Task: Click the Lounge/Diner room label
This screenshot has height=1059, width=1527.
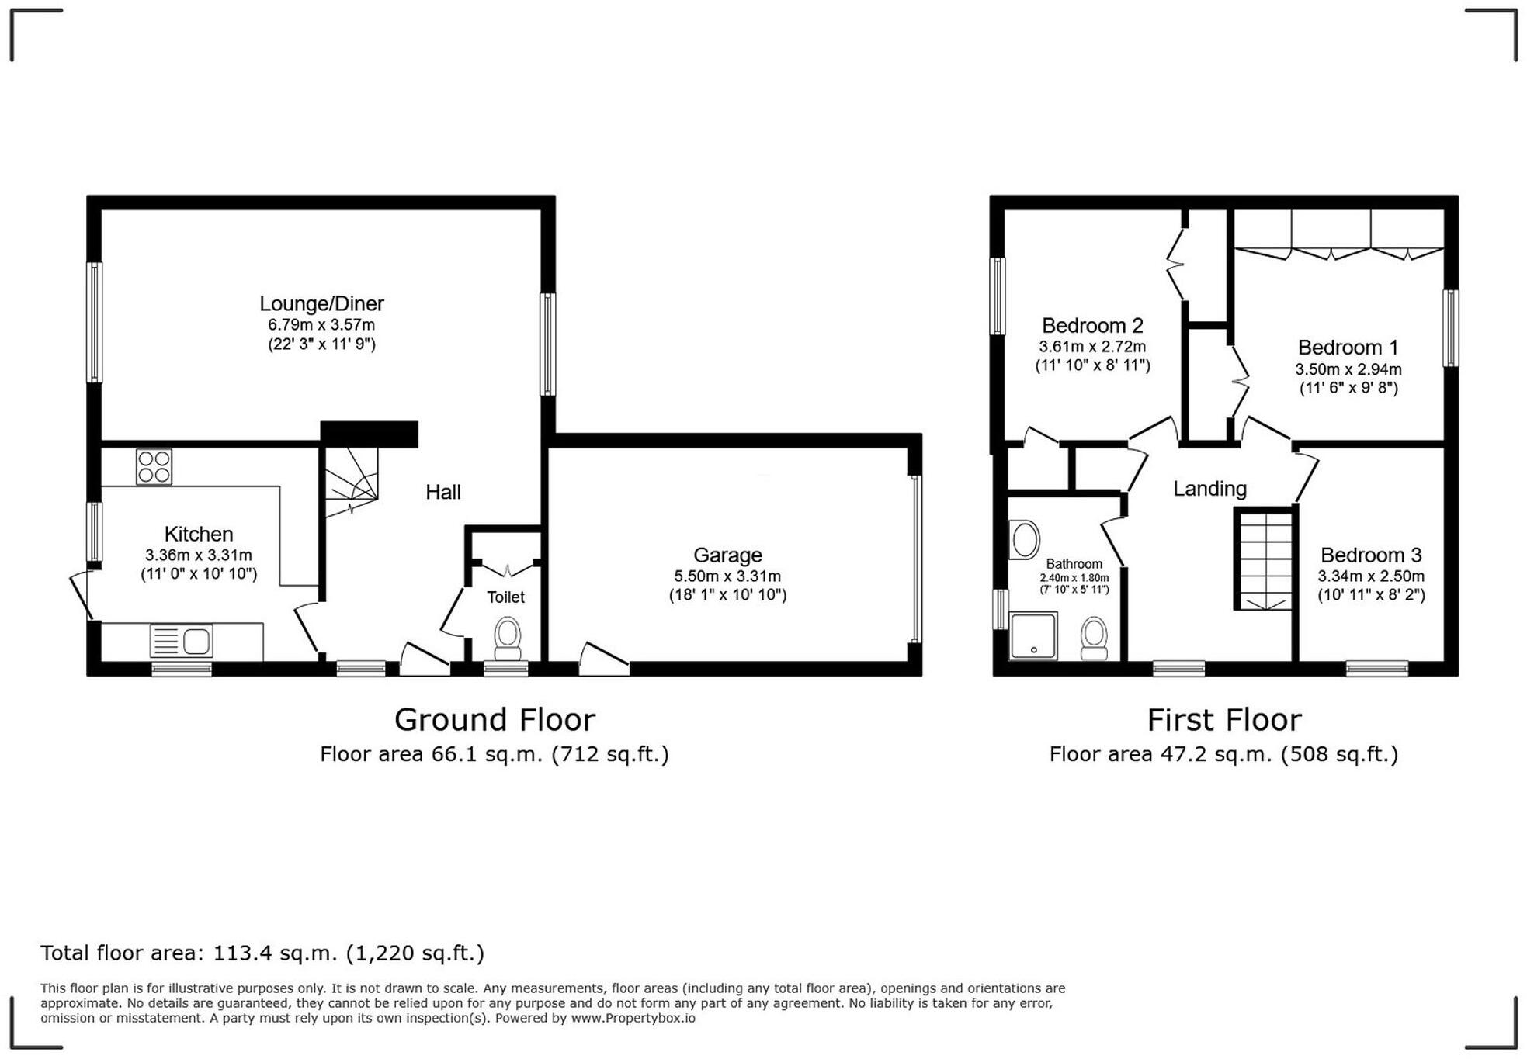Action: tap(321, 303)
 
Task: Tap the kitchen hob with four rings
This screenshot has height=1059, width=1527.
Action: tap(154, 466)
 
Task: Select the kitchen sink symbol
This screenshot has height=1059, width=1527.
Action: tap(182, 642)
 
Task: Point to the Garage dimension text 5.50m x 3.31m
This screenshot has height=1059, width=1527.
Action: tap(727, 576)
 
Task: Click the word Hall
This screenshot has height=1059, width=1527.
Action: tap(442, 492)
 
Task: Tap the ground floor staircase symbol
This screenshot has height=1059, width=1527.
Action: tap(351, 482)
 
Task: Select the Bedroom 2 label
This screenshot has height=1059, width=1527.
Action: tap(1092, 325)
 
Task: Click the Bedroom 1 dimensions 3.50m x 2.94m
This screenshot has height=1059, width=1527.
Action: tap(1348, 369)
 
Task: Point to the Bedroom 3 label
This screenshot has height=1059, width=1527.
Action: tap(1371, 555)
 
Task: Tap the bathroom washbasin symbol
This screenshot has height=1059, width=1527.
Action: tap(1025, 540)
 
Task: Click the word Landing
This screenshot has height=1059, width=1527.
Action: tap(1209, 489)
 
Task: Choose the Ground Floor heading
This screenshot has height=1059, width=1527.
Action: tap(495, 720)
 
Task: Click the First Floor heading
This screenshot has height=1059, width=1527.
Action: tap(1223, 720)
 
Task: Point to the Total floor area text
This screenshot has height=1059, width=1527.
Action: tap(262, 953)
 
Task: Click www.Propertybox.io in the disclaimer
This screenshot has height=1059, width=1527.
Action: tap(633, 1018)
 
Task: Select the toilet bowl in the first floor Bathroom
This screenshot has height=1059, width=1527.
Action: tap(1094, 636)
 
